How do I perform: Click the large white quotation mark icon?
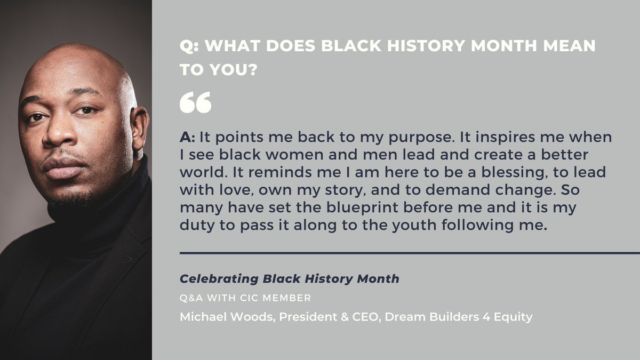[x=195, y=102]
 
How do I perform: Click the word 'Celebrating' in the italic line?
[x=219, y=279]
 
